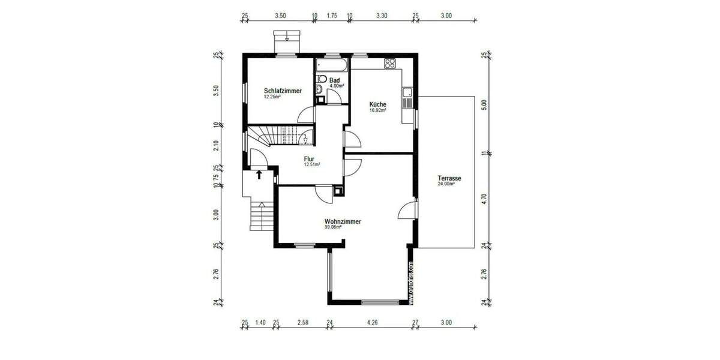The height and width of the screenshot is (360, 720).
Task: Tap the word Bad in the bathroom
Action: coord(334,80)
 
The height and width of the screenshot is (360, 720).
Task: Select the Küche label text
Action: coord(377,104)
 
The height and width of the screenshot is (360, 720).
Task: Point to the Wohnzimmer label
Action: coord(342,221)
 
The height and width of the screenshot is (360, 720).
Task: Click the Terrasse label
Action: coord(449,178)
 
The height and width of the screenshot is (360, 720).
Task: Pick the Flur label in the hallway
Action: coord(309,159)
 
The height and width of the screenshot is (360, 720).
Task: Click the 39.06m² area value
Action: coord(332,227)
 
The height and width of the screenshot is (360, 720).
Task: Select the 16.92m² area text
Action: coord(377,110)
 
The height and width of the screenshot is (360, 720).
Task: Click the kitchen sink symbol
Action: coord(408,92)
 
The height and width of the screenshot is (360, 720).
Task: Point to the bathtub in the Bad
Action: coord(329,63)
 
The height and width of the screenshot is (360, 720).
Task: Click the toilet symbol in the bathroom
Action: coord(322,78)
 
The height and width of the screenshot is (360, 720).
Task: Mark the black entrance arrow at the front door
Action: coord(259,175)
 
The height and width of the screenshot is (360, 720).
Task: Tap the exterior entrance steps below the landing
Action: coord(260,217)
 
